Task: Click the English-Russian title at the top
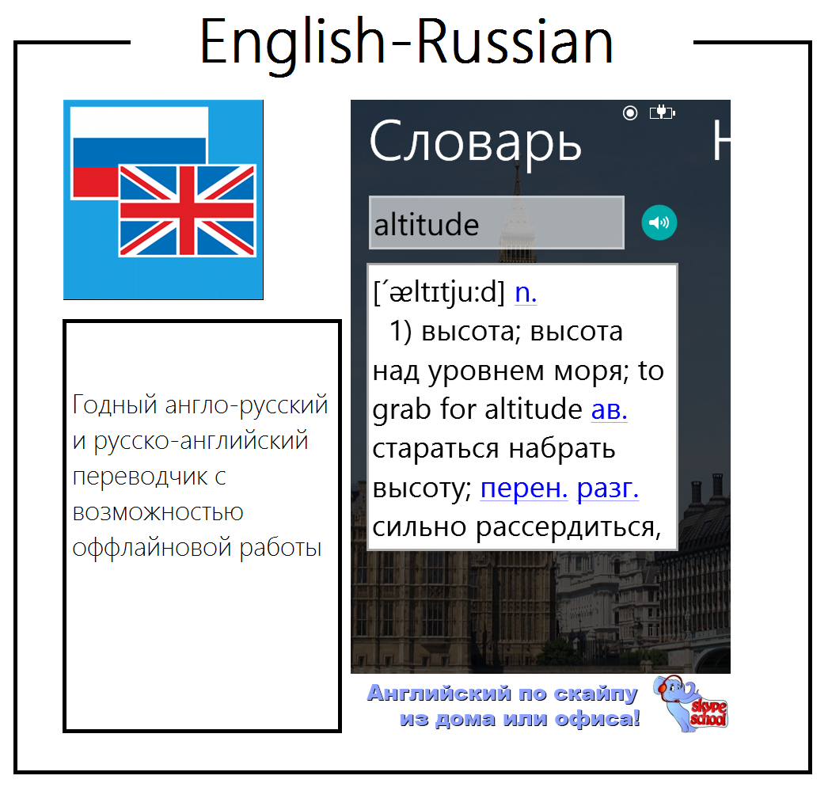click(406, 42)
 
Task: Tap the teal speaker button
click(659, 222)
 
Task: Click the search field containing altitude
click(496, 222)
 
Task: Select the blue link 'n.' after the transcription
click(526, 292)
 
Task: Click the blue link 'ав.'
click(609, 409)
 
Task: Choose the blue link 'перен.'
click(524, 488)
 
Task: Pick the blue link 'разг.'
click(607, 488)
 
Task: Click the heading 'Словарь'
click(475, 143)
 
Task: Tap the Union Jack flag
click(188, 211)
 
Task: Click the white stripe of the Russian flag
click(139, 123)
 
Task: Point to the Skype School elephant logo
click(690, 704)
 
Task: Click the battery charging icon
click(663, 112)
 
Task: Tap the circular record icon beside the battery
click(630, 112)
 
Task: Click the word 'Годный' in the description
click(115, 405)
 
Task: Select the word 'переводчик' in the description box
click(140, 477)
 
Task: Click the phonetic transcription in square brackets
click(439, 293)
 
